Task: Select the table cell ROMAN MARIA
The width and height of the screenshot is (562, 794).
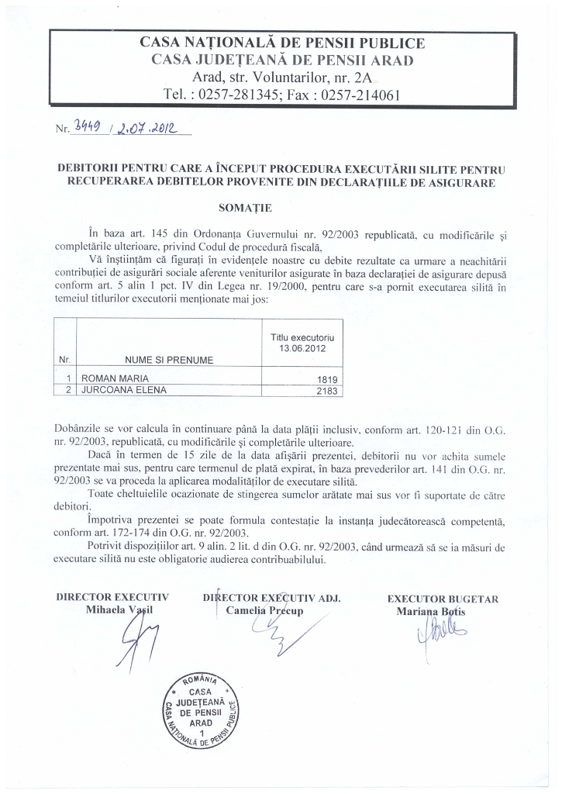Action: tap(110, 377)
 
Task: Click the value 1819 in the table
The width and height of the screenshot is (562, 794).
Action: tap(329, 378)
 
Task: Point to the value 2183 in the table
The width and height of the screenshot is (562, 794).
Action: tap(329, 389)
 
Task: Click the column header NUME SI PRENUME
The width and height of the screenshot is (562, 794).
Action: tap(169, 359)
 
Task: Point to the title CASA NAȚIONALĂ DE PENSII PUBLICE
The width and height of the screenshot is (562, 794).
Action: tap(281, 43)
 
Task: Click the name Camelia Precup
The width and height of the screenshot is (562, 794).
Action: tap(264, 610)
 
